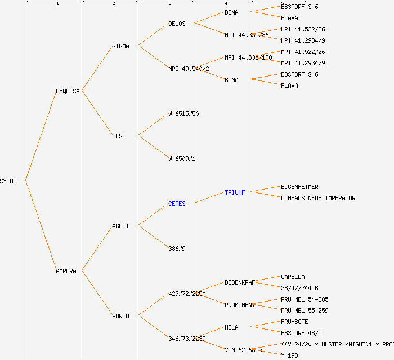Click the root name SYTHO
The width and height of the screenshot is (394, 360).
(8, 181)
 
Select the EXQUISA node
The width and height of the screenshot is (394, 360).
(68, 91)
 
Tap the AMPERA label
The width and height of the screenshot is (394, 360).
(66, 271)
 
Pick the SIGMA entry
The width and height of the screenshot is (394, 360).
(120, 46)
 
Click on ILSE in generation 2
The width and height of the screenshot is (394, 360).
(119, 136)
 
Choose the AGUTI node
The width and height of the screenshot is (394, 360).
(120, 226)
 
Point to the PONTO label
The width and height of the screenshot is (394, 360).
(120, 316)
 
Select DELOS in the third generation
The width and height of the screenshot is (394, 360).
(177, 24)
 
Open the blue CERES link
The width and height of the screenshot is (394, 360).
(177, 204)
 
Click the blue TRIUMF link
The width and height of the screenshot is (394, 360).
(235, 192)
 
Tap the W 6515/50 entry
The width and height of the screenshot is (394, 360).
(183, 114)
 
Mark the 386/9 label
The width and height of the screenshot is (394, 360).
(177, 249)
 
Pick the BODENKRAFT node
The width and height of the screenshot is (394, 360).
(241, 282)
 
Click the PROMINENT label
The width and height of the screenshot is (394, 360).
(240, 305)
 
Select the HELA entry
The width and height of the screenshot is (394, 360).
(231, 327)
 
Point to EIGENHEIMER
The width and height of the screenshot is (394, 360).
(299, 187)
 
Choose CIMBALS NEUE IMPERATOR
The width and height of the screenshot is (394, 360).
(318, 198)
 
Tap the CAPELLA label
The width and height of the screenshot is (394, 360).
(293, 277)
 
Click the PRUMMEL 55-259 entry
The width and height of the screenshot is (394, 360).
(305, 310)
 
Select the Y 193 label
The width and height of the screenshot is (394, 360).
(289, 355)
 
